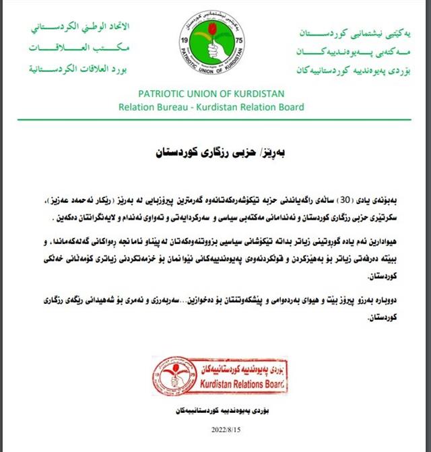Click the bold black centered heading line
tap(215, 152)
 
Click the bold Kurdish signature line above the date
tap(213, 410)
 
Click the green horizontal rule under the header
tap(215, 119)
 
